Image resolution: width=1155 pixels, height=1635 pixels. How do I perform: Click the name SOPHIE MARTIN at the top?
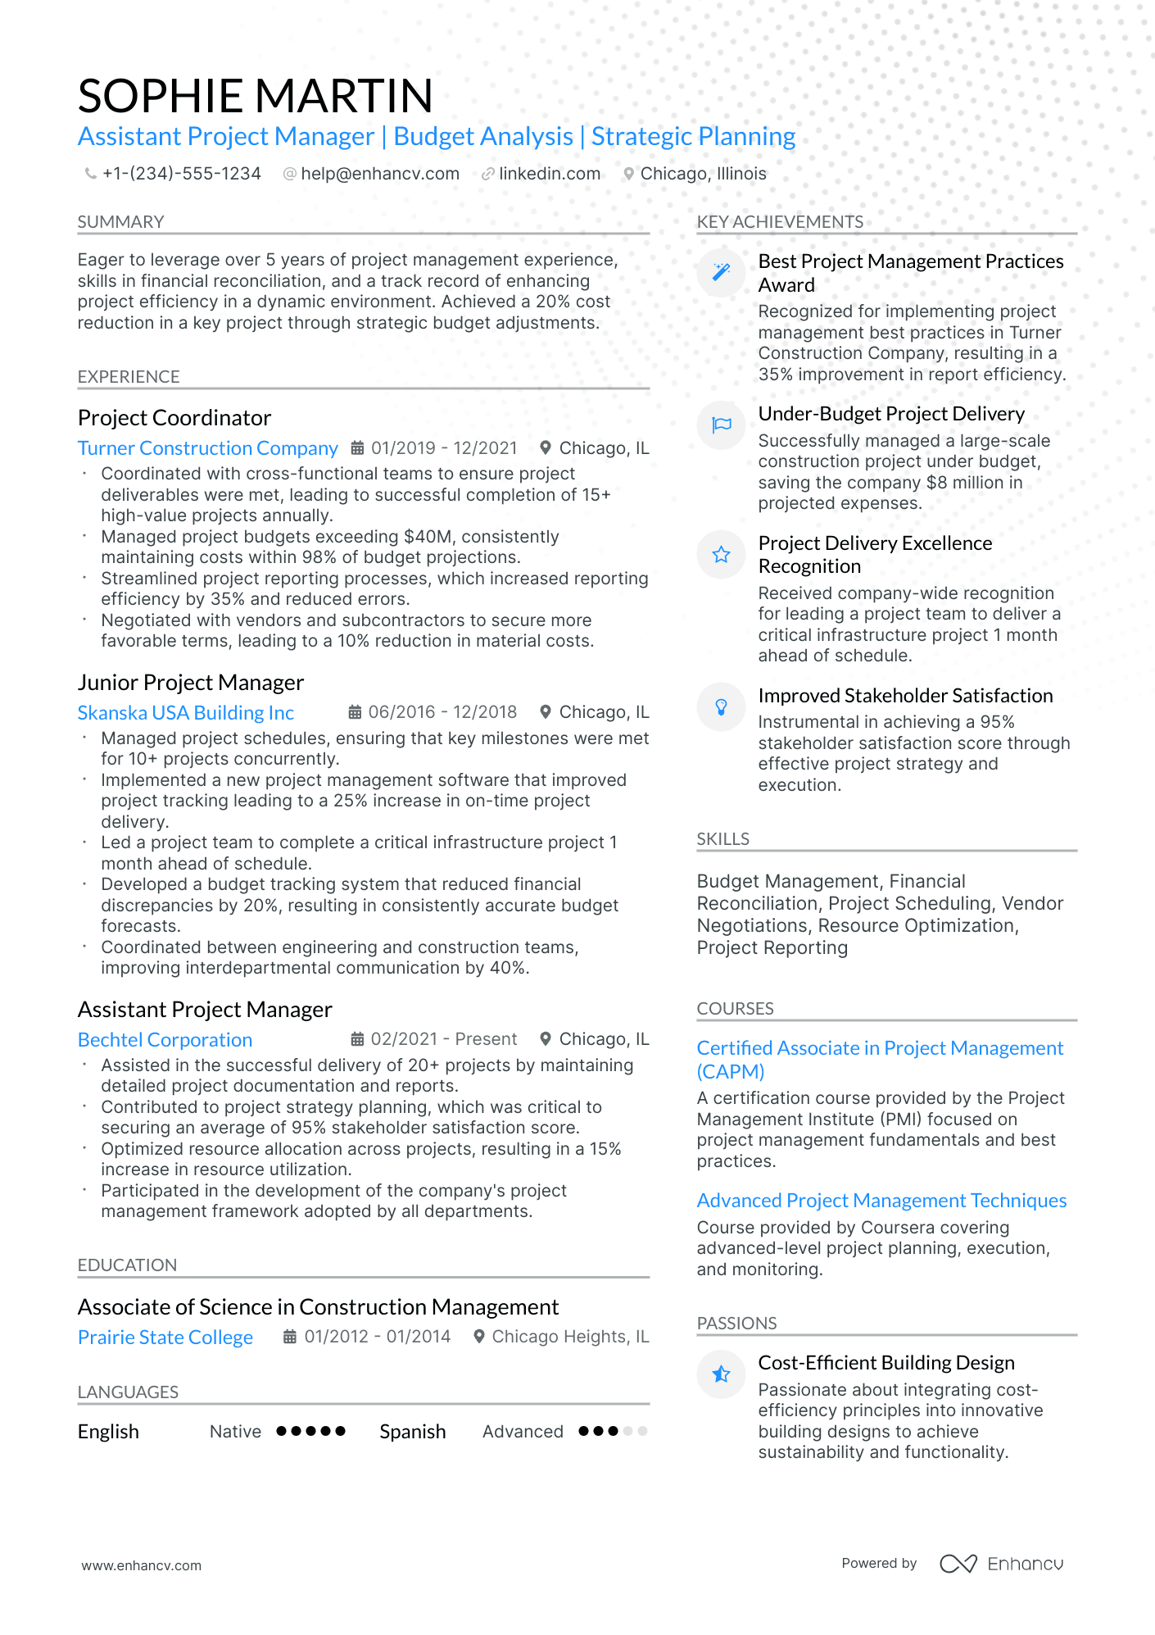point(255,96)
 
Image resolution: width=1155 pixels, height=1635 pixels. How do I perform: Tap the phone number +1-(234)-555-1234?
point(181,174)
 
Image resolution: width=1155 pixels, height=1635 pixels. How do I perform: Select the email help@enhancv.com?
point(379,174)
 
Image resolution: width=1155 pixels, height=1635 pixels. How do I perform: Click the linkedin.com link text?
point(549,174)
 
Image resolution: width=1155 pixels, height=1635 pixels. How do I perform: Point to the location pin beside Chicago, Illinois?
point(628,174)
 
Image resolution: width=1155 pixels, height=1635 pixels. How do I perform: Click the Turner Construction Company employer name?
point(207,448)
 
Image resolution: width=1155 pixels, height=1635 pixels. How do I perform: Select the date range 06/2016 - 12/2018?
point(442,712)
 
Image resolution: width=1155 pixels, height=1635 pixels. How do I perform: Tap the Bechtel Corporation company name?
point(165,1040)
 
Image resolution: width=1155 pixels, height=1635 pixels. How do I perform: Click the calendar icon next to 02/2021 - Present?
point(357,1039)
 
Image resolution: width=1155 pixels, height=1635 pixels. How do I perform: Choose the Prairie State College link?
point(165,1338)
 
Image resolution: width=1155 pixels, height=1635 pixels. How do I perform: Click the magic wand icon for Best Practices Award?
point(721,272)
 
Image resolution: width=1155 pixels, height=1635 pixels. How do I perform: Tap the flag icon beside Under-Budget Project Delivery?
point(721,425)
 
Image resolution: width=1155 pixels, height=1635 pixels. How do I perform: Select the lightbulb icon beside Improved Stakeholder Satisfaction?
point(721,706)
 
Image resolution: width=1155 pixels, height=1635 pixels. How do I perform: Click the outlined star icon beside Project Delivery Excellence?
point(721,555)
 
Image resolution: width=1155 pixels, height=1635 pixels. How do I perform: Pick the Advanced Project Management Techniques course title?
point(881,1201)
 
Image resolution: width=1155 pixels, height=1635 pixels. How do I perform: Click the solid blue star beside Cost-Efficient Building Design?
point(721,1374)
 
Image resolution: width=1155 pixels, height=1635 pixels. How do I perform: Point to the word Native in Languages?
point(235,1432)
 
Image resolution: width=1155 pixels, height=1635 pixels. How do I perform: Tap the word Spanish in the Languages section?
point(413,1432)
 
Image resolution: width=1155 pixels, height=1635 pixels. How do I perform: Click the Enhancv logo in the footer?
point(1001,1564)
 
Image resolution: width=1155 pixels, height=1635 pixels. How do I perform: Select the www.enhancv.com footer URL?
point(141,1565)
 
